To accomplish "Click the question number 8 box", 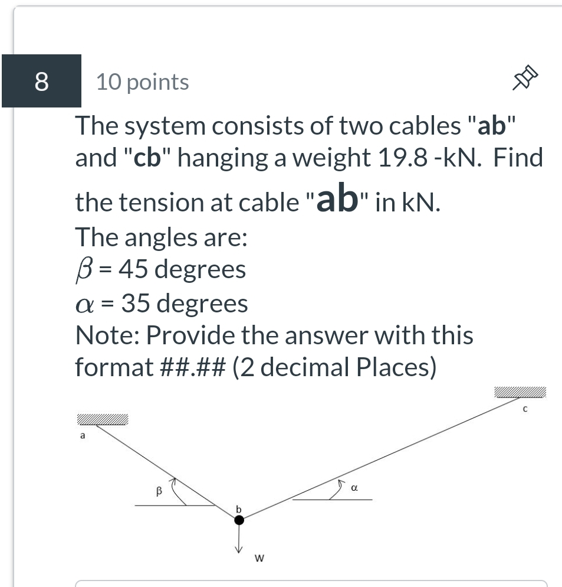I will click(41, 81).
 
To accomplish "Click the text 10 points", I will click(142, 82).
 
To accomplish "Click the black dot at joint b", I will click(239, 520).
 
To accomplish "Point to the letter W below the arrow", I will click(258, 557).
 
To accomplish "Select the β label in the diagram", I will click(158, 490).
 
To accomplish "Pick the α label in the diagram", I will click(354, 488).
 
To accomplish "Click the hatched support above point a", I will click(101, 420).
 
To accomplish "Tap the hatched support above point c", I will click(520, 393).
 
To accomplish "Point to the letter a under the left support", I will click(83, 436).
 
